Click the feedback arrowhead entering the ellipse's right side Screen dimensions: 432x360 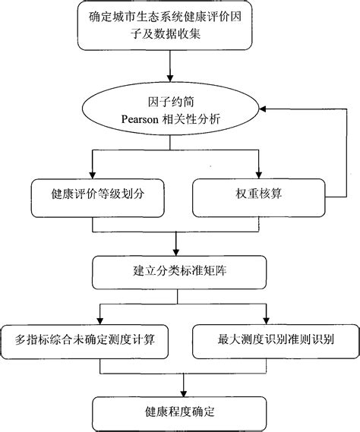(265, 109)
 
